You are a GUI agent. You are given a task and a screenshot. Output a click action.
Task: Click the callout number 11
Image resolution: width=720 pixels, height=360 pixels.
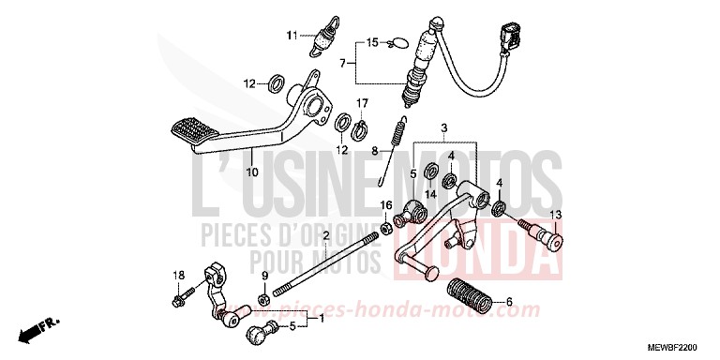pos(292,36)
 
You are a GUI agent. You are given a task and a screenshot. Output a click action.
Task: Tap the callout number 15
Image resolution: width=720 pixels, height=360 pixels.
pos(371,42)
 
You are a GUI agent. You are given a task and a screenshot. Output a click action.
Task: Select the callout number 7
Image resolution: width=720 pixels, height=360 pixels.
pos(344,64)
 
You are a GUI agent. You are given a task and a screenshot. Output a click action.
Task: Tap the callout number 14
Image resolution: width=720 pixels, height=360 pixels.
pos(431,194)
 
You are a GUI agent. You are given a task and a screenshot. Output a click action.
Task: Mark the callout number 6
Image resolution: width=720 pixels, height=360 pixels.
pos(510,303)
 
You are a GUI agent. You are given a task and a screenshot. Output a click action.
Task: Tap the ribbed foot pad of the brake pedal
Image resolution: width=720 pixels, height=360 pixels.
pos(193,132)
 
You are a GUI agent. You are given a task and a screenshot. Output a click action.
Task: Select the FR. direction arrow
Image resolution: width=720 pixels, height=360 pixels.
pos(43,328)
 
